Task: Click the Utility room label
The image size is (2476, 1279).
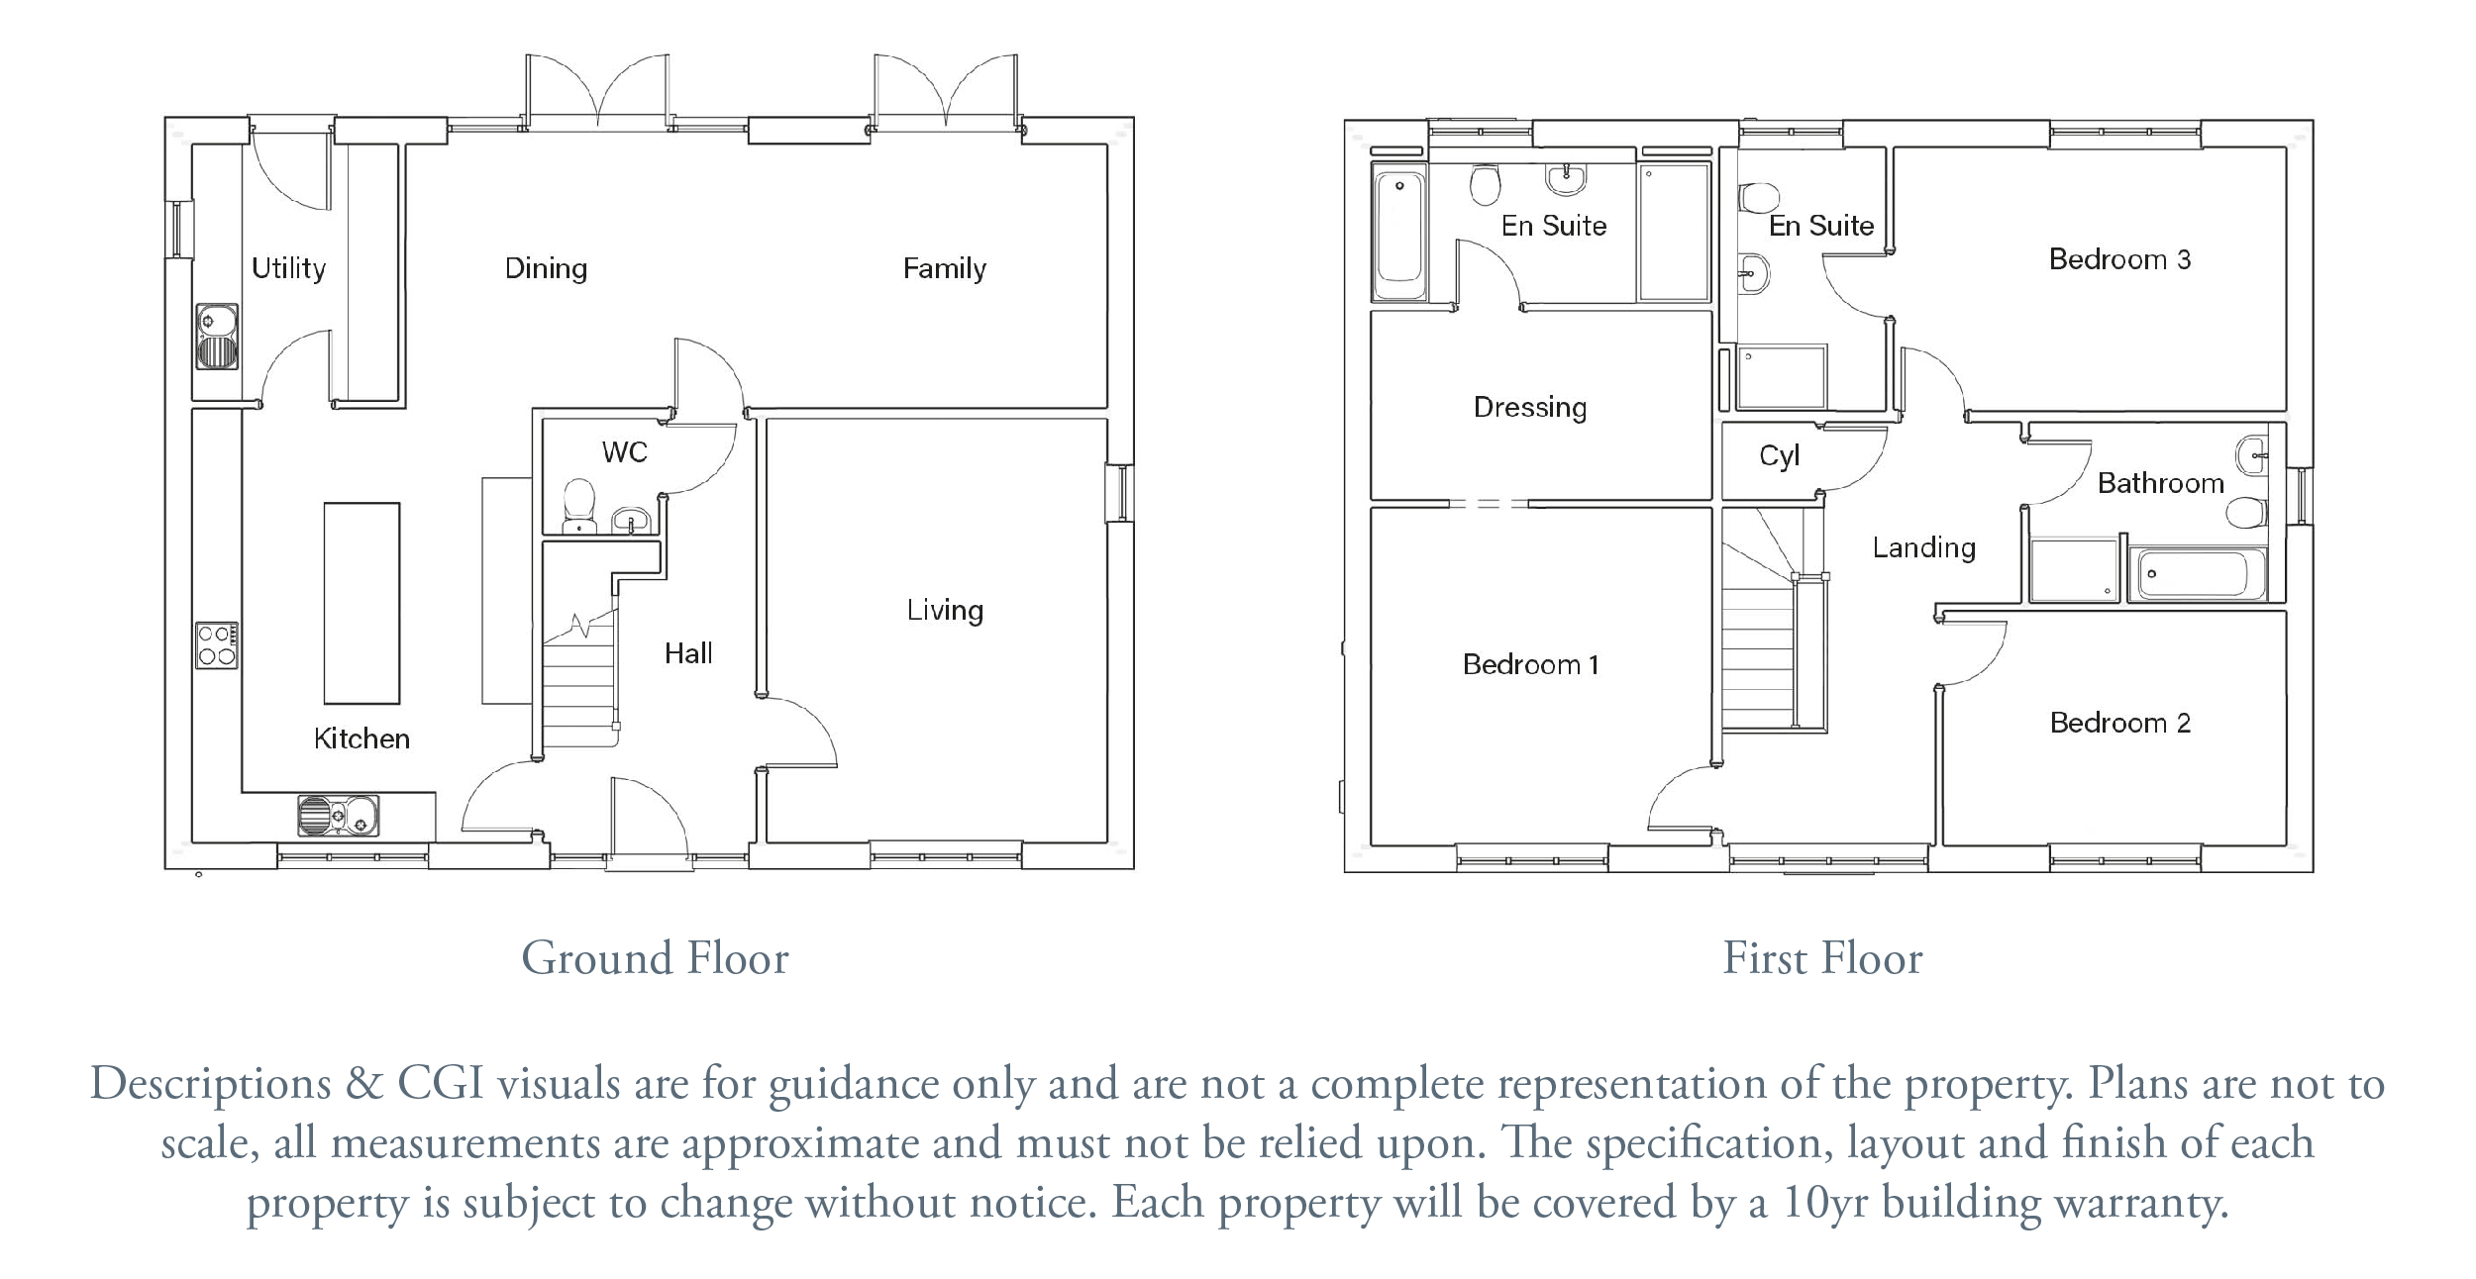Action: [288, 268]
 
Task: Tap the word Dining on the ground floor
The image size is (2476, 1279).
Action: [546, 268]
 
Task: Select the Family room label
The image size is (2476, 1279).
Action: [945, 268]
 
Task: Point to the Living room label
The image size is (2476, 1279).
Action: [945, 610]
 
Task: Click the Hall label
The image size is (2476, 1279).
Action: [688, 653]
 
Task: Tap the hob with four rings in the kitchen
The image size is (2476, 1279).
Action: [217, 645]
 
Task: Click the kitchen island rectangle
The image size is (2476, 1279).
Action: [361, 603]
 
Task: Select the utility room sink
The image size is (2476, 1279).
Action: [217, 337]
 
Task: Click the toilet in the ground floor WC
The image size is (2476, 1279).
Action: [577, 505]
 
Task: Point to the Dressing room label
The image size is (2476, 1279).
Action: [1530, 408]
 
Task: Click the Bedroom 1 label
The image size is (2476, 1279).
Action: [1531, 664]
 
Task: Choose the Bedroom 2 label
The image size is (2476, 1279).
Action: [2120, 723]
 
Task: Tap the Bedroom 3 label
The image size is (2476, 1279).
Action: [2120, 259]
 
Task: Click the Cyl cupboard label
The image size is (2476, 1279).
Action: [1779, 456]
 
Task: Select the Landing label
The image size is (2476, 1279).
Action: [1923, 547]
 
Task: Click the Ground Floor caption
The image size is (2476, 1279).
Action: [655, 958]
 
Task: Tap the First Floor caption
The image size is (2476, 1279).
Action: [1822, 958]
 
